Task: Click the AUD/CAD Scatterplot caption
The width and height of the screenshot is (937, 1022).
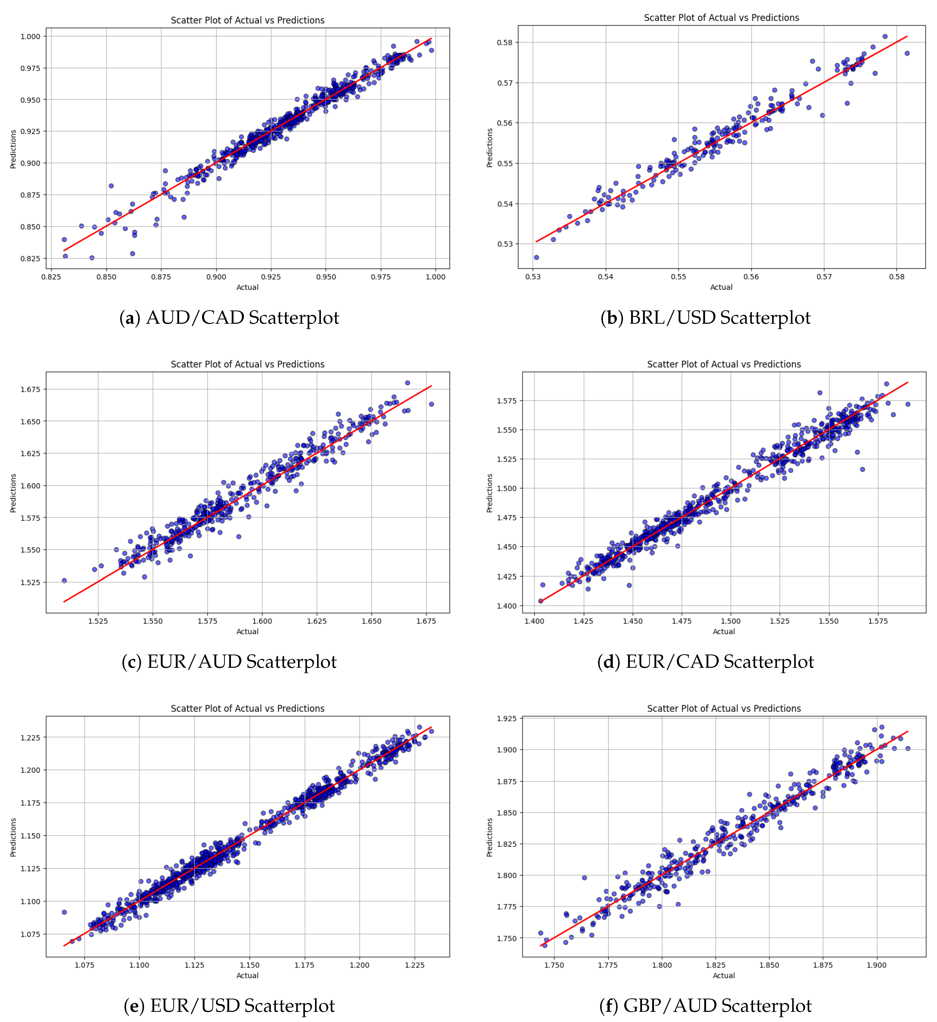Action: tap(229, 318)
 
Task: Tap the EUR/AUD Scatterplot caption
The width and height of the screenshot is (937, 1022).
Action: tap(229, 662)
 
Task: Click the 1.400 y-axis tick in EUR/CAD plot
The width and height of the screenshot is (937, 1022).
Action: tap(507, 606)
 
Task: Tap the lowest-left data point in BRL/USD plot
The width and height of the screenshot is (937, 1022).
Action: tap(536, 258)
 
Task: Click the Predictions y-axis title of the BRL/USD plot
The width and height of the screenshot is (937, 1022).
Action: tap(489, 148)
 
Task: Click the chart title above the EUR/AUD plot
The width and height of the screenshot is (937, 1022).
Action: tap(247, 364)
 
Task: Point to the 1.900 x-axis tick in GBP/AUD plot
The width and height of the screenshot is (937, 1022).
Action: tap(876, 966)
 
